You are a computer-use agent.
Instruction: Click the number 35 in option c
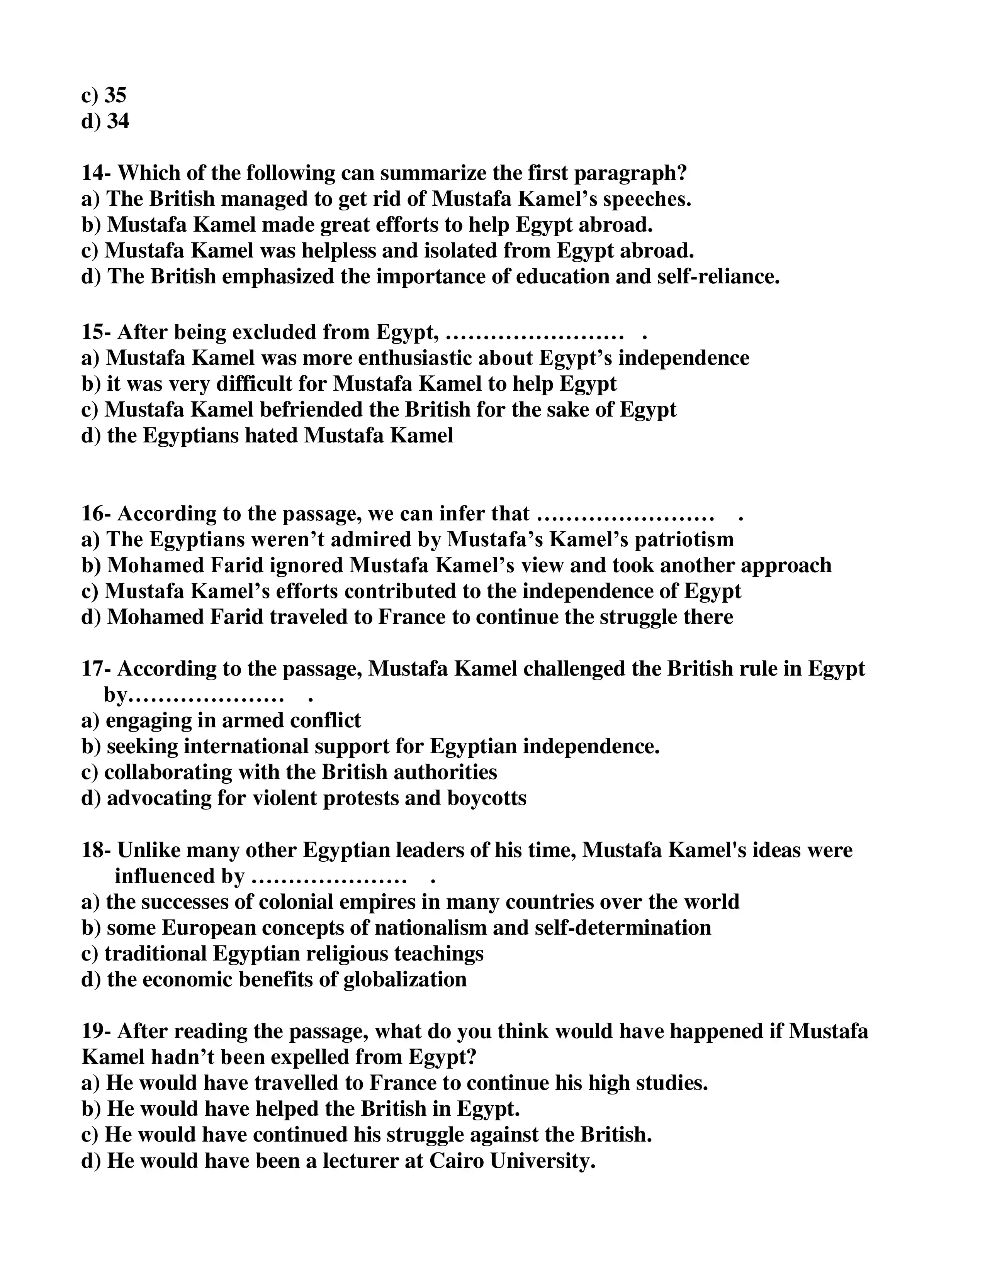click(x=115, y=95)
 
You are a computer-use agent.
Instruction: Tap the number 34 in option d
click(x=118, y=121)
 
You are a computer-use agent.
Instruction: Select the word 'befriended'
click(x=311, y=410)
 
